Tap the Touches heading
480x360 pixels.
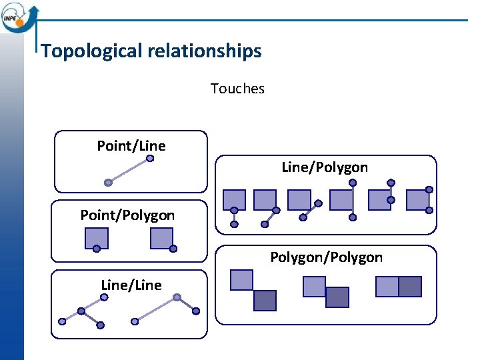point(237,89)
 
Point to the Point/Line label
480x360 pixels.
point(131,145)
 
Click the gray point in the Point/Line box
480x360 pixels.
point(108,182)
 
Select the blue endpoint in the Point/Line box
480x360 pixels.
point(150,159)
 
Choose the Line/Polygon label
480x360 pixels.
point(325,167)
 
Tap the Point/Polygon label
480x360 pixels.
point(127,215)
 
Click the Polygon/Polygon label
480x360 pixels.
point(326,257)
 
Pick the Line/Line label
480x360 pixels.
point(131,285)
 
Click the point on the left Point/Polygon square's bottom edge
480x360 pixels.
point(97,249)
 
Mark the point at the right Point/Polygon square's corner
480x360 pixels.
point(173,249)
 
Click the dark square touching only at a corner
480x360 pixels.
point(265,301)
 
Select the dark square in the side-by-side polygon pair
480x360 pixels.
point(410,287)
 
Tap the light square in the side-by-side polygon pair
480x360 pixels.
point(387,287)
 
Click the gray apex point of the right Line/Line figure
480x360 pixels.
point(177,297)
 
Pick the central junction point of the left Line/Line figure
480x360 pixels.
point(81,311)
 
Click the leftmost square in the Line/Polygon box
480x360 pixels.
point(234,200)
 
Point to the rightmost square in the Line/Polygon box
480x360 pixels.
point(417,200)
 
